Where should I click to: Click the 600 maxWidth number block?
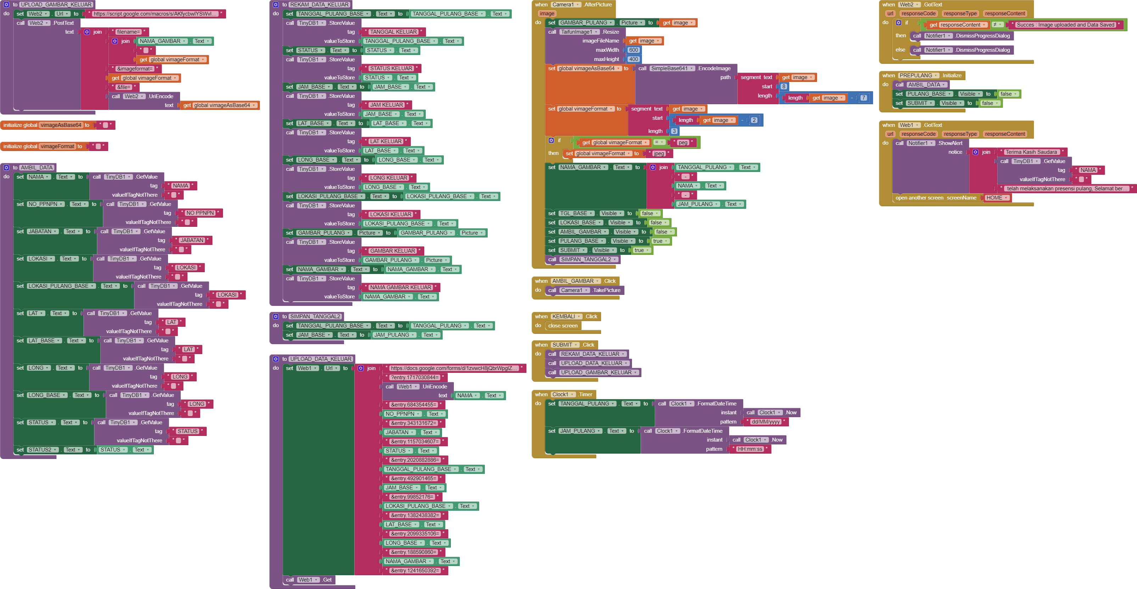point(633,50)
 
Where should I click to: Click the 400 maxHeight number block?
point(633,59)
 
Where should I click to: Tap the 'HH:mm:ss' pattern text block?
point(750,449)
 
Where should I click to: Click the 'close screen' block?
point(563,326)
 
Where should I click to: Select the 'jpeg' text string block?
point(659,153)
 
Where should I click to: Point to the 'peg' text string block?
point(683,142)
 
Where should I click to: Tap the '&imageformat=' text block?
point(135,69)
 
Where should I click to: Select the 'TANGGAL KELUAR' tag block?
point(393,32)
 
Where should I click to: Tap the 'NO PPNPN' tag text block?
point(200,213)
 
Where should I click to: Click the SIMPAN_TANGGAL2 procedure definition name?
point(315,316)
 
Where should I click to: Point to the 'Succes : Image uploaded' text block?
point(1065,25)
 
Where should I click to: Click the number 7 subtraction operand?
point(863,98)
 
